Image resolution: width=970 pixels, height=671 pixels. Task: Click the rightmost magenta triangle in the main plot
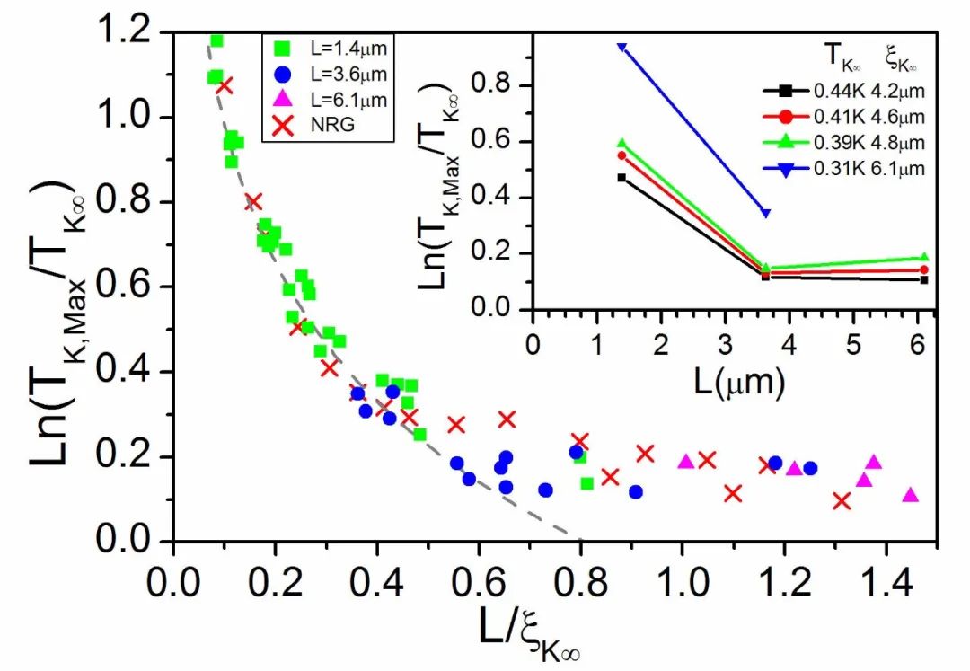click(x=910, y=495)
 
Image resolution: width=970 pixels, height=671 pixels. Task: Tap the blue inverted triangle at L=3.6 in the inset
click(x=765, y=212)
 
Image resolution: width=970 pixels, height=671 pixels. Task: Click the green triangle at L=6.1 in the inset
click(x=924, y=258)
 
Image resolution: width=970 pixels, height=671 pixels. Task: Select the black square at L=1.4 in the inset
click(x=622, y=178)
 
